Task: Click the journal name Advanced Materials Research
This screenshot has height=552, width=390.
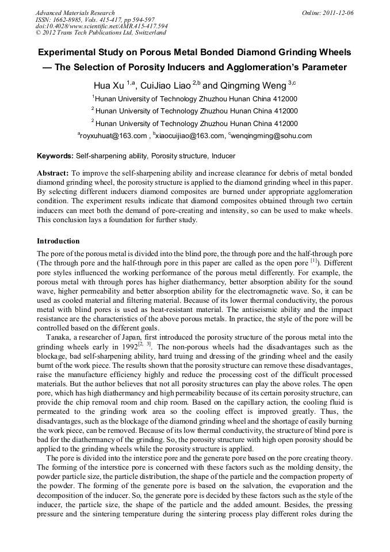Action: (x=75, y=13)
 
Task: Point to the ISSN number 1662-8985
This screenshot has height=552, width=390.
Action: (x=71, y=20)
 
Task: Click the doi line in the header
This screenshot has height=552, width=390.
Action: (x=102, y=26)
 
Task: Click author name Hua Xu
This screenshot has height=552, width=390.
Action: (x=109, y=85)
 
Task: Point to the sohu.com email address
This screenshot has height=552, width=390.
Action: (x=272, y=136)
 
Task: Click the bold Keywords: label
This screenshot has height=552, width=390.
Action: (x=55, y=156)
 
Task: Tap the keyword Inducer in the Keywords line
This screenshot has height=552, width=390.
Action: (x=223, y=156)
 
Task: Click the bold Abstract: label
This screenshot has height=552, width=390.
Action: (x=53, y=173)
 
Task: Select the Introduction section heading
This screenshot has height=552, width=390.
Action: (x=58, y=241)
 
